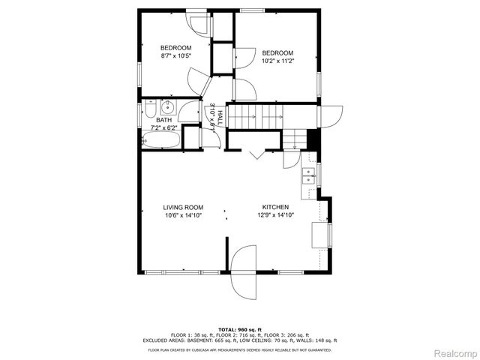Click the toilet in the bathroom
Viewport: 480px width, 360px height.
point(151,112)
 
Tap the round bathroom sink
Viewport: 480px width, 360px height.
point(168,106)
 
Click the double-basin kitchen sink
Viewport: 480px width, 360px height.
point(307,176)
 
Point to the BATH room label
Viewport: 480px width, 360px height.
point(163,120)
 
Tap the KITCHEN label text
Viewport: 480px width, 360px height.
point(274,207)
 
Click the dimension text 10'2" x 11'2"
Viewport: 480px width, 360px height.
point(277,61)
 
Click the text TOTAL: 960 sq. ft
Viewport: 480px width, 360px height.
point(240,329)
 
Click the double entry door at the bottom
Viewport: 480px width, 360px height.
point(241,271)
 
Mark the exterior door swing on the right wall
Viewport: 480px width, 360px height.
point(328,116)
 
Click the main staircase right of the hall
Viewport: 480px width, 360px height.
point(254,116)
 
